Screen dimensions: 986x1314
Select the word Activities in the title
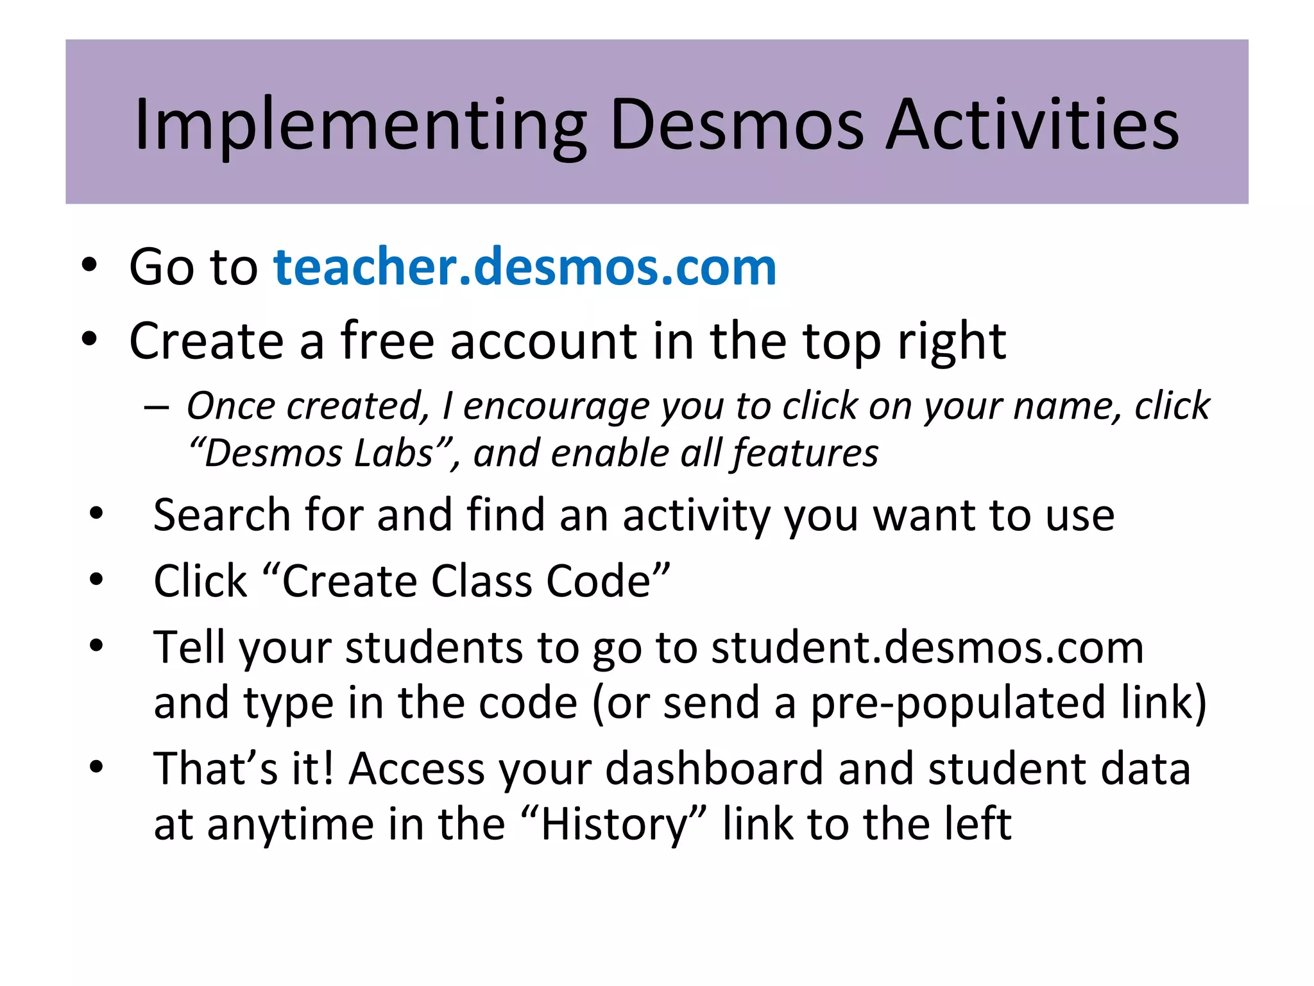[1032, 125]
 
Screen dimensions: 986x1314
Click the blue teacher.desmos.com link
[525, 266]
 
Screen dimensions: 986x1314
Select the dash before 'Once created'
[157, 408]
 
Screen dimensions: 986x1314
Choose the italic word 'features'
[805, 453]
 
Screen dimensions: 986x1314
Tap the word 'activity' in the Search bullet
[697, 516]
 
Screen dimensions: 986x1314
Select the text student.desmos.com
[927, 647]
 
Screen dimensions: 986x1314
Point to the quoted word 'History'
[613, 824]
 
